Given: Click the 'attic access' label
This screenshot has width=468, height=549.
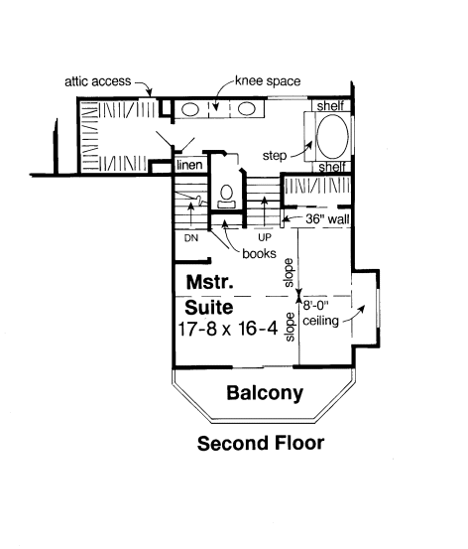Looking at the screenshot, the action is [97, 81].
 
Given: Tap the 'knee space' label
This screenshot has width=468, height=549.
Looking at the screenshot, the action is [268, 81].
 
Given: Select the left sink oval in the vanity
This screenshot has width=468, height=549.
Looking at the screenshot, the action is [190, 109].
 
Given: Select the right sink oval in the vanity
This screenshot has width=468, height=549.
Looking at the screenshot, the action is [247, 108].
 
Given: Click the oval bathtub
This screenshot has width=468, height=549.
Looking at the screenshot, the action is [332, 137].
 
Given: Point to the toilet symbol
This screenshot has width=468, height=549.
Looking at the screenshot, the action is [227, 197].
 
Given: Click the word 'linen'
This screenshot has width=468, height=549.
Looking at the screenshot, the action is [189, 165].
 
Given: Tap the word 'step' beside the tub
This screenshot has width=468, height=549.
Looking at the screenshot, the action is [275, 156].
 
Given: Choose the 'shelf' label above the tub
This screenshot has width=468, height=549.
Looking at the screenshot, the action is [330, 106].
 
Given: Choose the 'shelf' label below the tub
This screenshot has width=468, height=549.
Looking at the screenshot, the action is [332, 167].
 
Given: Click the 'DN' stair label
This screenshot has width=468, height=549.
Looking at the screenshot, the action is [191, 238].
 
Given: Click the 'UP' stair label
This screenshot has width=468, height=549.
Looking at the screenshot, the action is [265, 237].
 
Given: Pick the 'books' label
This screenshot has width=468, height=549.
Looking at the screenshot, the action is [259, 253].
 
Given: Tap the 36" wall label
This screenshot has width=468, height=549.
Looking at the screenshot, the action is [327, 219].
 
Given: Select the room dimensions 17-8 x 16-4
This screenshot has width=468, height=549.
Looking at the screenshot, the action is [228, 329].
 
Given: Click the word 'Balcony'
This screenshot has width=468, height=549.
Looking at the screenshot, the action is [265, 393].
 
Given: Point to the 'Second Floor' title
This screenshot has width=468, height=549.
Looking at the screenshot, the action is [261, 443].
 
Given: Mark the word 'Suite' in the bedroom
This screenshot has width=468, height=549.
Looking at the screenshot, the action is [209, 308].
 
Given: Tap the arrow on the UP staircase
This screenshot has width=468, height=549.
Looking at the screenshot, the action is [265, 211].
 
